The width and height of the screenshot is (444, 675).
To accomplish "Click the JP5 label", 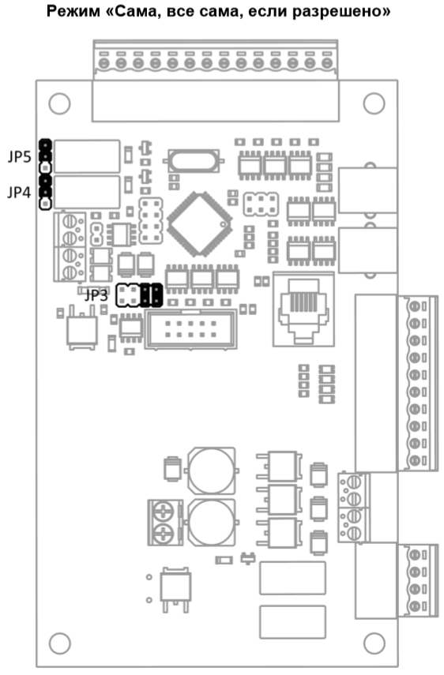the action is pos(20,157).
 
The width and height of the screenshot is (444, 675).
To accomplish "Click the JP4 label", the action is pos(20,192).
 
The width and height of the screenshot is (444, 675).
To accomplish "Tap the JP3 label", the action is pos(96,296).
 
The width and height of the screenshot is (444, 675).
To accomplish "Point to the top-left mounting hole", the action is pos(59,103).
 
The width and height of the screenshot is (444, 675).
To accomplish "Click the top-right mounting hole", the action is pos(374,103).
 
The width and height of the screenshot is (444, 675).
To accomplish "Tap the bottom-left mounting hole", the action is pos(59,643).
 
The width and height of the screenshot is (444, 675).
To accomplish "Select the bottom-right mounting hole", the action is pos(374,643).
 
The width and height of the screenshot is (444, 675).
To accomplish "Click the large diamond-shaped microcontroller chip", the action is pos(199,224).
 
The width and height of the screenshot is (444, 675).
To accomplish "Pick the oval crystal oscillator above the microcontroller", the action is pos(194,160).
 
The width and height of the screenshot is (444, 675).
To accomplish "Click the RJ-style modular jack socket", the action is pos(303,309).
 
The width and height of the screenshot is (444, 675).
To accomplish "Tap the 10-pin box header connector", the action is pos(190,329).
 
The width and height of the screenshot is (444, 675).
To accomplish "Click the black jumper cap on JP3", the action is pos(151,295).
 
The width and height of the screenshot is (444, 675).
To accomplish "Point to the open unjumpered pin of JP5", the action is pos(45,167).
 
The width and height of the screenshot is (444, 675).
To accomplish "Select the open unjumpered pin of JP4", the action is pos(45,203).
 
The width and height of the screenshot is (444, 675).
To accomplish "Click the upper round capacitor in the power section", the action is pos(212,471).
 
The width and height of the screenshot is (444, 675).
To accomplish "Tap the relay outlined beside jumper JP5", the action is pos(87,156).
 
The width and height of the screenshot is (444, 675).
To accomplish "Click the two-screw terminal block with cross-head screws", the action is pos(165,523).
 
